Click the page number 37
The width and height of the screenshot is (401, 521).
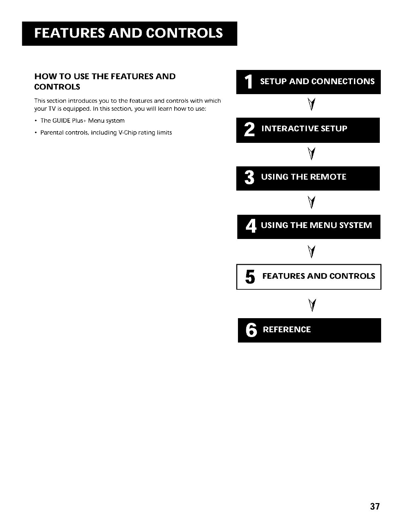tap(374, 507)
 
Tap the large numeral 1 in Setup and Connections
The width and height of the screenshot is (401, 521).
tap(249, 82)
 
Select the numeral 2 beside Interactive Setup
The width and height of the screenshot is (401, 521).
tap(249, 130)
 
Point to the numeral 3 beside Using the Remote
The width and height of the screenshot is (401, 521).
tap(249, 178)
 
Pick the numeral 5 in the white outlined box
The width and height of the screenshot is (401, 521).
tap(251, 277)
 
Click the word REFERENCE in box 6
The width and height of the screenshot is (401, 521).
tap(287, 330)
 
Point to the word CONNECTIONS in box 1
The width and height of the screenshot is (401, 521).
tap(343, 82)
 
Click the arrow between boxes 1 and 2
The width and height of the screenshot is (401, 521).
tap(311, 106)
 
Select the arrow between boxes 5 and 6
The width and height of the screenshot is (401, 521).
tap(311, 304)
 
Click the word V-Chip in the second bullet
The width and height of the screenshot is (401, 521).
tap(126, 133)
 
